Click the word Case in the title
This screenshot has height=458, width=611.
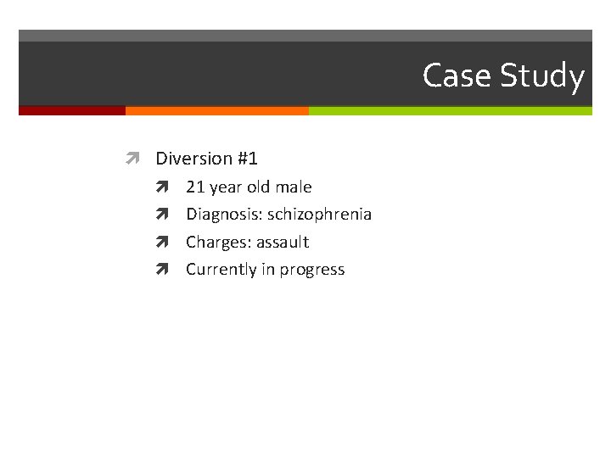(457, 75)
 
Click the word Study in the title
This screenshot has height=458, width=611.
(541, 75)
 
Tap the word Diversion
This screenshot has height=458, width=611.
(193, 159)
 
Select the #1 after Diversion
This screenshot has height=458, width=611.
(247, 159)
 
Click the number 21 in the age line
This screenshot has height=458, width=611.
(195, 187)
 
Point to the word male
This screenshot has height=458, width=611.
(294, 187)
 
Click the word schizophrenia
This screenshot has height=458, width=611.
(320, 215)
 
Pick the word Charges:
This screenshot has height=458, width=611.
(217, 242)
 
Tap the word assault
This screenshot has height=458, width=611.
(283, 242)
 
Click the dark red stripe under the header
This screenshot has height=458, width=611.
(72, 110)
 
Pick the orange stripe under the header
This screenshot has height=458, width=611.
(216, 110)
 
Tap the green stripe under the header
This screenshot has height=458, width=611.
(450, 110)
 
